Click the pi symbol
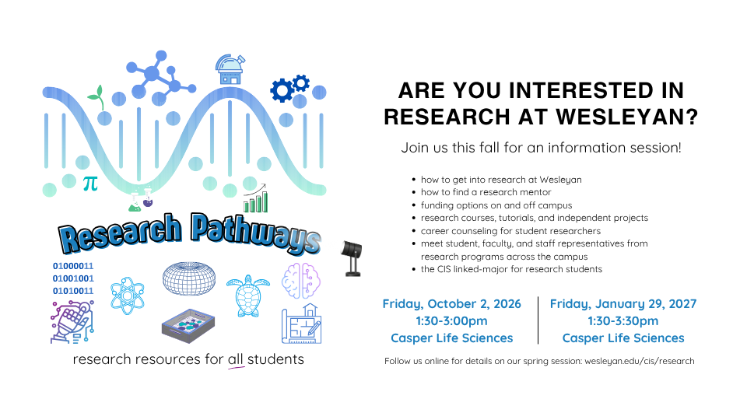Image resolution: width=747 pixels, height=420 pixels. pos(90,184)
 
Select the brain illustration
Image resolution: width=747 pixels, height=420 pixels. pos(301,281)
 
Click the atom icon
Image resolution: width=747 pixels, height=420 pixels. pos(127,296)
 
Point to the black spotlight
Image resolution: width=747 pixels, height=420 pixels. pos(352,257)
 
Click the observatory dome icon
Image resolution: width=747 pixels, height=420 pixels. pos(230,69)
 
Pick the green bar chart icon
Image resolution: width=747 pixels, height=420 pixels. pos(256,198)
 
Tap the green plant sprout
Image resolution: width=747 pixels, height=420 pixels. pos(96,97)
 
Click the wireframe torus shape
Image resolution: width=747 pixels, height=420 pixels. pos(189,278)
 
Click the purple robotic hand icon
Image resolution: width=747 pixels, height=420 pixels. pos(72,322)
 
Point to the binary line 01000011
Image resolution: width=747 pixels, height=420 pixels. pos(73,266)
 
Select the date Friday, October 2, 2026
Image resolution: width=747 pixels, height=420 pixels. pos(451,304)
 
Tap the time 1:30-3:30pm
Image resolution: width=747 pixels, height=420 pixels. pos(623,321)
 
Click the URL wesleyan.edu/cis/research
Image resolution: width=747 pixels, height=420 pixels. pos(640,361)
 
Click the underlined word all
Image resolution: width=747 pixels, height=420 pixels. pos(235,359)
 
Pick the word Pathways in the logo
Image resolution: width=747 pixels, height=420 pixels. pos(256,233)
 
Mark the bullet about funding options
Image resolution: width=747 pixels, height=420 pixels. pos(496,205)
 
